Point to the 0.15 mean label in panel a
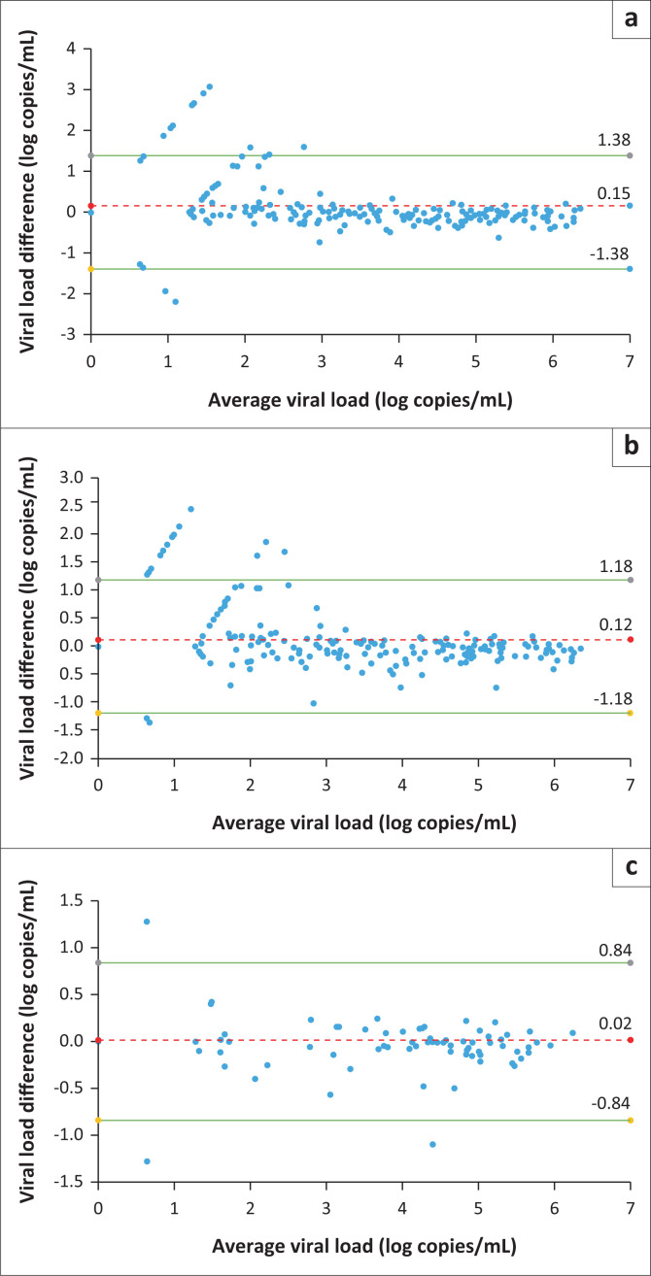point(615,192)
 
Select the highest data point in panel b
point(190,509)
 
